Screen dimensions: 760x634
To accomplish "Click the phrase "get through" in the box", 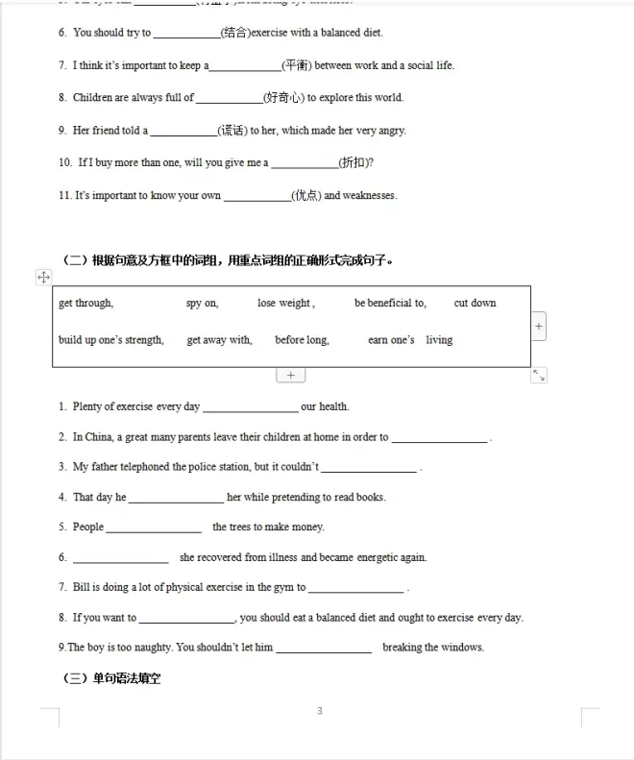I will click(85, 304).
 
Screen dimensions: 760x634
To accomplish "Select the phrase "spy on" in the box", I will click(202, 304).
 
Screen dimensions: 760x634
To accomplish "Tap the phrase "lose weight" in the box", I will click(284, 304).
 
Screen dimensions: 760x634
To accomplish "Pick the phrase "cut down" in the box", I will click(475, 304).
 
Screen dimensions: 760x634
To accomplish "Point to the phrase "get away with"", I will click(219, 340).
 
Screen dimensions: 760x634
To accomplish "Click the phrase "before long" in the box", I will click(302, 340).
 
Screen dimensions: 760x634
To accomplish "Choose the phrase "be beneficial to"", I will click(389, 304).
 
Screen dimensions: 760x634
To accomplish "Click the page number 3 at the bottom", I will click(319, 712).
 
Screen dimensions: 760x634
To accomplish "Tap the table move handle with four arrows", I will click(43, 277).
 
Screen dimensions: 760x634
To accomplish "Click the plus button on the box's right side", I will click(539, 327).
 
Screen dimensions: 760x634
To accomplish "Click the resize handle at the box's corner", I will click(539, 376).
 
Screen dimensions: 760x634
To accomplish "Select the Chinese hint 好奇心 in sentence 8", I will click(283, 98).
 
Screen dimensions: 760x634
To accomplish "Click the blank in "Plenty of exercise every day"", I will click(250, 407).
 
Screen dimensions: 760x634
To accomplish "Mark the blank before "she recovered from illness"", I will click(120, 558).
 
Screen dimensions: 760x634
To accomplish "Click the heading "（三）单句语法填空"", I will click(111, 678).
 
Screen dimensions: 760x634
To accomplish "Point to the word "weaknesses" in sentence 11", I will click(370, 196).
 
